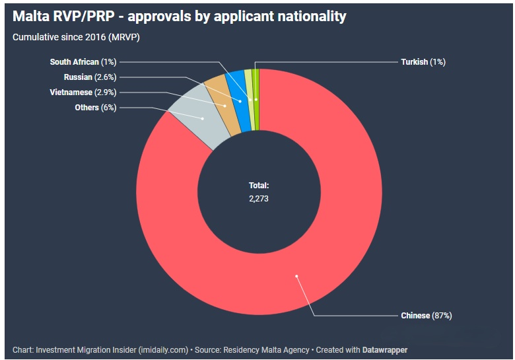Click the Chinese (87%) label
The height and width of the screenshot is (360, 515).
point(426,316)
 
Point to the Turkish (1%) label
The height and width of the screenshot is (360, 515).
point(423,62)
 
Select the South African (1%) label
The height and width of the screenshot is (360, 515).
point(83,62)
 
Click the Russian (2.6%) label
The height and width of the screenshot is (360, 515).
point(90,77)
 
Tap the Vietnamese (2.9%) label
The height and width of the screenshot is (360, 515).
point(83,92)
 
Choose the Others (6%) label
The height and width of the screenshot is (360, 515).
point(96,108)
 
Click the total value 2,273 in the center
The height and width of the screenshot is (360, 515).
point(259,198)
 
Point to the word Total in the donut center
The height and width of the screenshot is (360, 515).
point(258,186)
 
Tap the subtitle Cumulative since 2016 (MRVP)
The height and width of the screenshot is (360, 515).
point(76,37)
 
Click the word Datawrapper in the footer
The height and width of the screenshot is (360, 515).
point(385,349)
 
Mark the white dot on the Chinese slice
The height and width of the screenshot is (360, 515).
point(296,276)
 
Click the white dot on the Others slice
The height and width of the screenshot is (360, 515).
point(202,119)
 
